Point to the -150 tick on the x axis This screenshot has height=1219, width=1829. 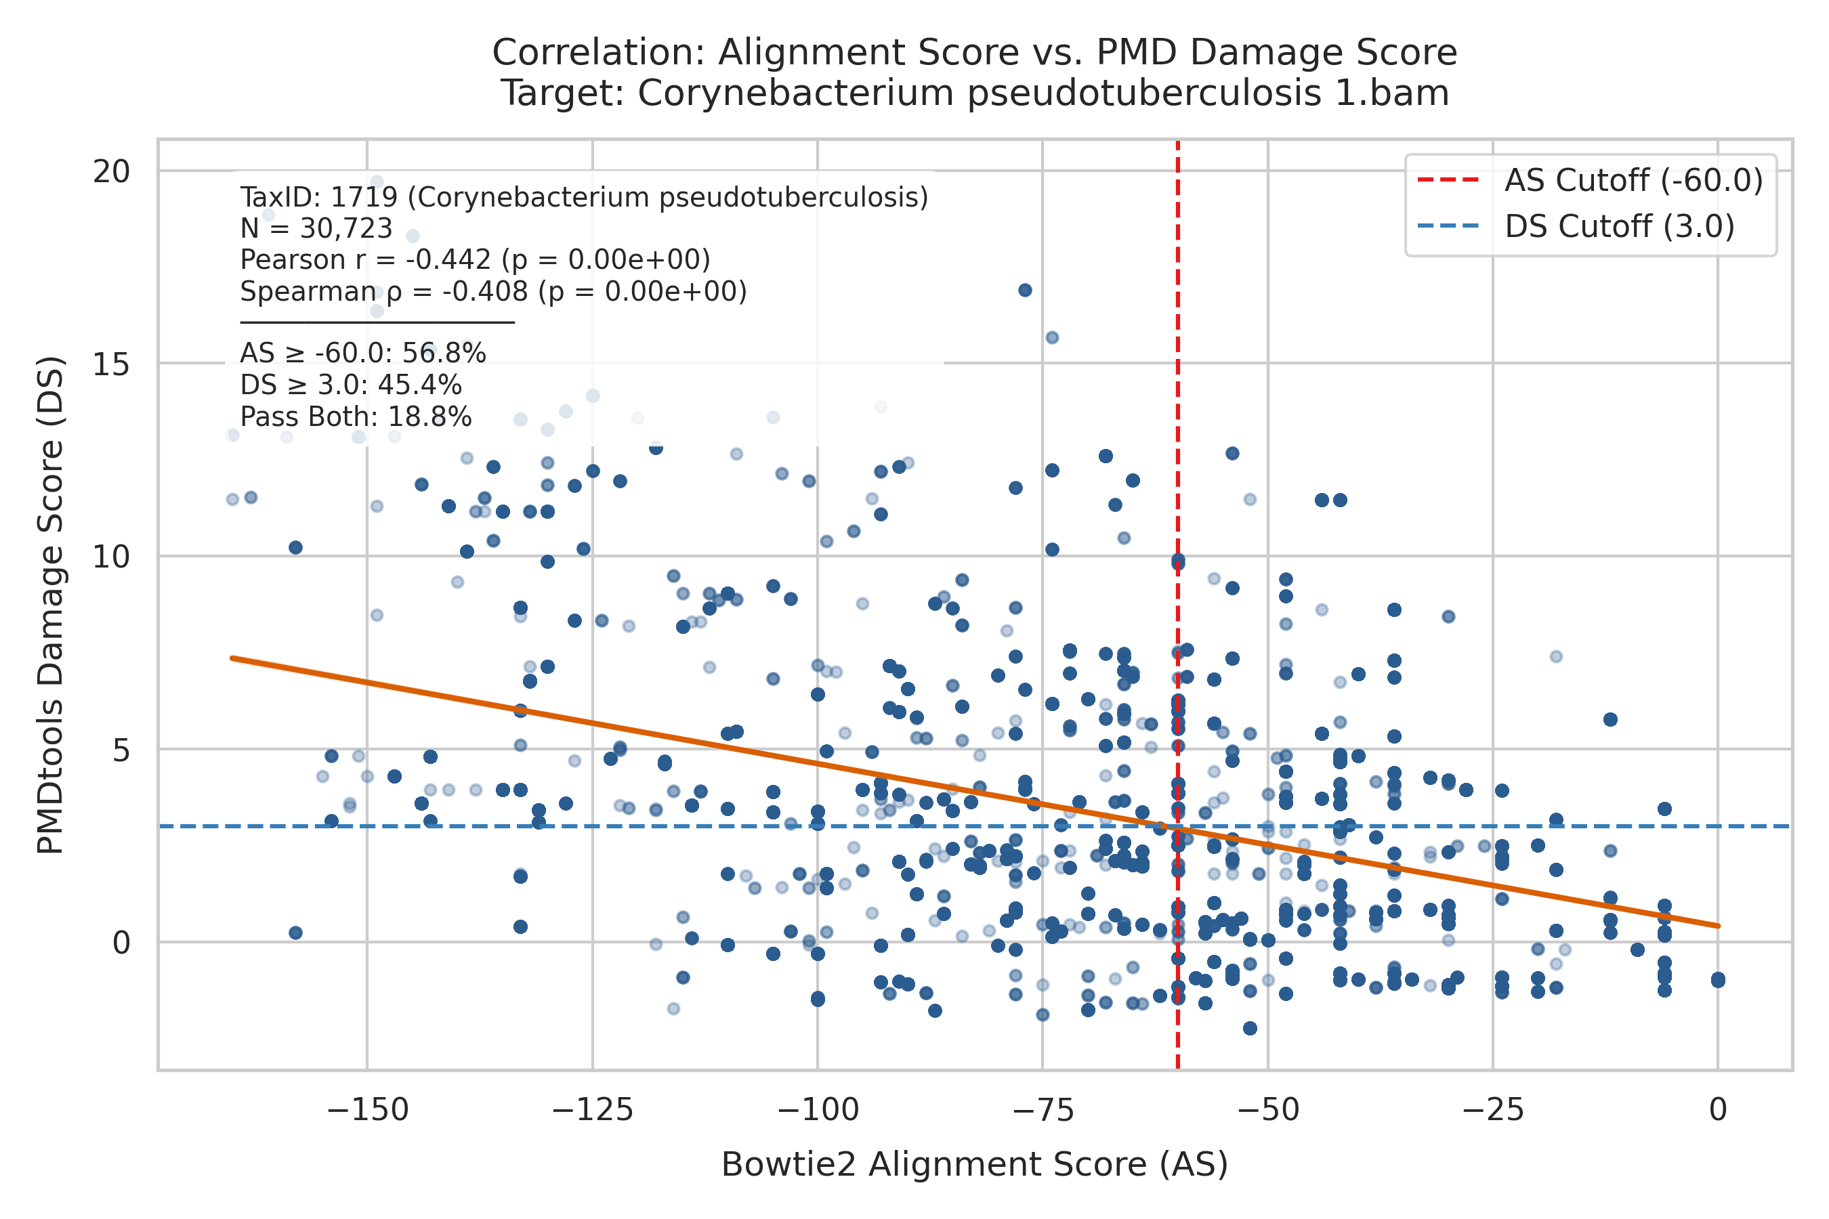(368, 1109)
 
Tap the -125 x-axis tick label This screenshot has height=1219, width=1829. (593, 1109)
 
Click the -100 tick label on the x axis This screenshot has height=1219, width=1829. (818, 1109)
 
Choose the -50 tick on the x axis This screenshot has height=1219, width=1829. (1268, 1109)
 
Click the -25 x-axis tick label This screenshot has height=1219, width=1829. (1493, 1109)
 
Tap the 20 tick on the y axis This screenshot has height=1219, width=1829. (111, 171)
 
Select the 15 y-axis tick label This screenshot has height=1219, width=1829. (111, 364)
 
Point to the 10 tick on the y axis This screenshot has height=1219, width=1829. (111, 557)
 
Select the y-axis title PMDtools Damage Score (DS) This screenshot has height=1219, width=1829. (51, 605)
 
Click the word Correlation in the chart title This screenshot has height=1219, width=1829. (598, 53)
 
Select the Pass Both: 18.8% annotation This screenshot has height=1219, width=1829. (356, 417)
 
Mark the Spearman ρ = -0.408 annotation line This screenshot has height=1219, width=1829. (493, 291)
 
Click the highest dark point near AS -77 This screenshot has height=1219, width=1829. (1025, 290)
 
